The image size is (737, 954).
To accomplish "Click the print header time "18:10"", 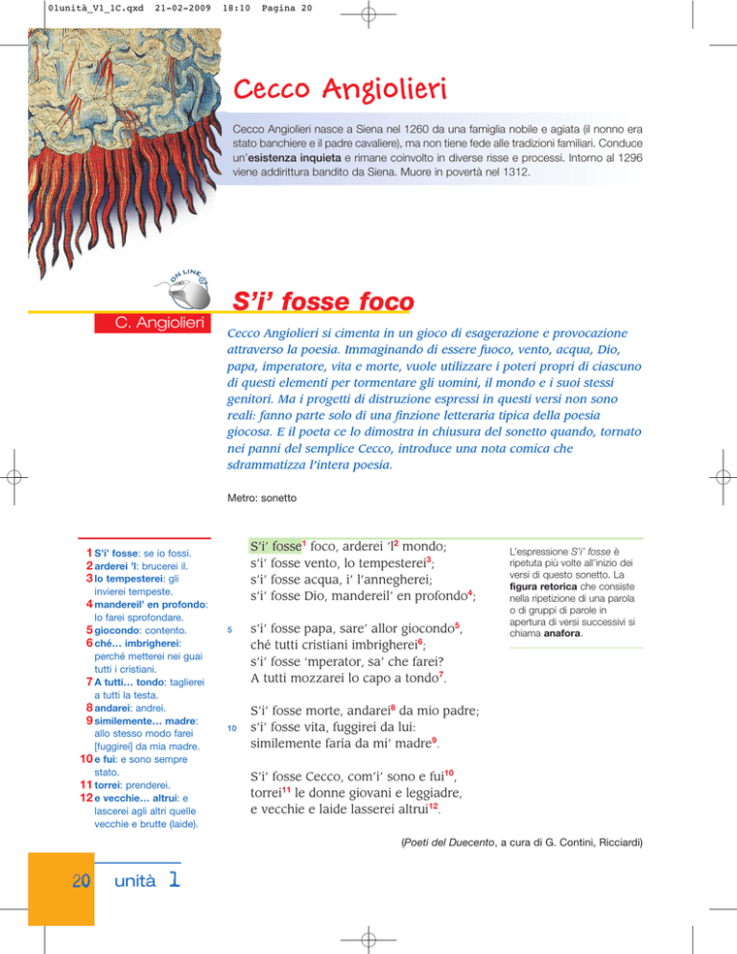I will (182, 7).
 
